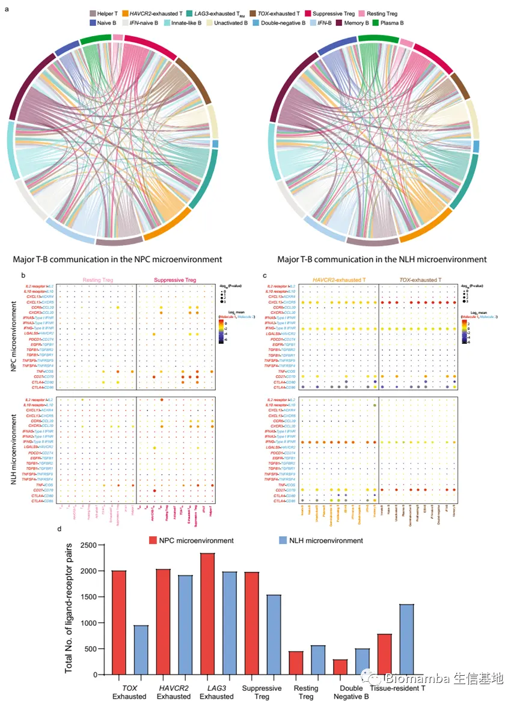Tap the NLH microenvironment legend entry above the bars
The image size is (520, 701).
pyautogui.click(x=320, y=540)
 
